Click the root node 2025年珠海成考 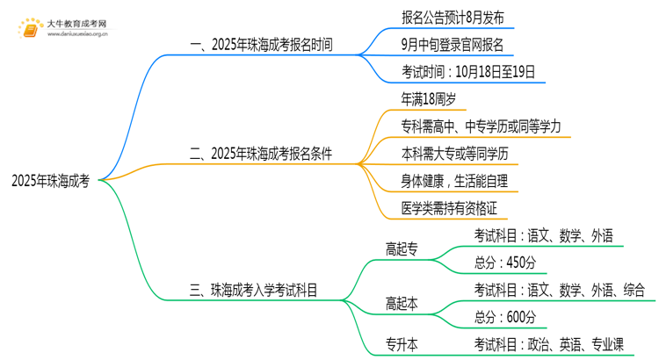(x=50, y=181)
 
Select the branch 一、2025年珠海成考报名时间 (x=259, y=43)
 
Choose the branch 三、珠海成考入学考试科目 (x=253, y=287)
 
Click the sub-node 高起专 (x=402, y=248)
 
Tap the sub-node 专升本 (x=402, y=343)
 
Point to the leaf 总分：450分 (x=505, y=262)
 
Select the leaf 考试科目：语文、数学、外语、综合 (x=560, y=289)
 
